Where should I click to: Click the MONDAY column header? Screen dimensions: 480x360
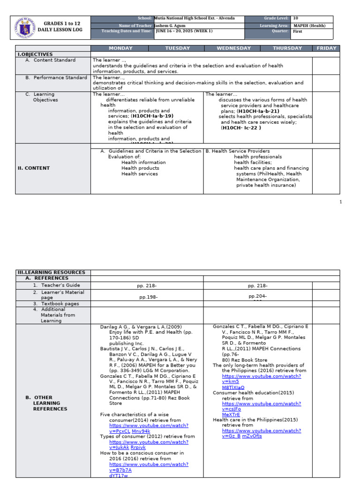tap(120, 48)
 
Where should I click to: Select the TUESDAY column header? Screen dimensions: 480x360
tap(178, 48)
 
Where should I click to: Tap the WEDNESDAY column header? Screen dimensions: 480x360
tap(234, 48)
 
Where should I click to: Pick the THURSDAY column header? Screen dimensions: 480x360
tap(287, 48)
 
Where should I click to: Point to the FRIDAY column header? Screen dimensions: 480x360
tap(327, 48)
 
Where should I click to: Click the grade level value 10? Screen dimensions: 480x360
tap(295, 19)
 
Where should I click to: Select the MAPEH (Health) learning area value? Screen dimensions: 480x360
tap(309, 26)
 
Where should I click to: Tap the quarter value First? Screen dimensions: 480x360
tap(298, 32)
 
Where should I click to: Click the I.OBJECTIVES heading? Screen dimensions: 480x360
tap(35, 54)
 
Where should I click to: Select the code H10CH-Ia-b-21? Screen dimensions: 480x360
tap(258, 111)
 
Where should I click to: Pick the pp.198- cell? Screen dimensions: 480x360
tap(149, 297)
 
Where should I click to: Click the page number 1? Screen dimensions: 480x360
tap(341, 202)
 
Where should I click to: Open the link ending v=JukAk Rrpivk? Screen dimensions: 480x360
tap(127, 448)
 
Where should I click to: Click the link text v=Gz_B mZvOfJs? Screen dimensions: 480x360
tap(242, 436)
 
